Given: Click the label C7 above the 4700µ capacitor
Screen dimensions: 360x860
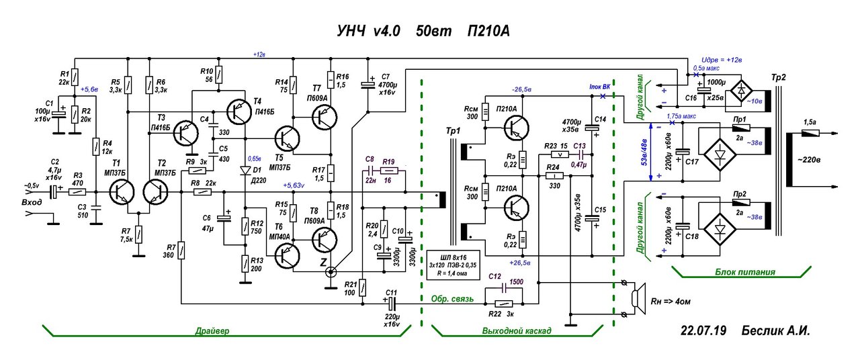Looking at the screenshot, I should point(385,77).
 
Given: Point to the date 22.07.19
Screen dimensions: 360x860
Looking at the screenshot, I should point(703,331).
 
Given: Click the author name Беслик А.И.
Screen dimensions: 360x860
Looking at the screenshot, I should point(775,331).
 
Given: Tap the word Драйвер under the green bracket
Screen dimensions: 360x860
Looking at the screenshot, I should point(210,331).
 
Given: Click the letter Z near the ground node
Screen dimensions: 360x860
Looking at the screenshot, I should point(325,262).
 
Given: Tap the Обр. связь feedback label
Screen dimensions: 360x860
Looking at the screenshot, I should point(453,298).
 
